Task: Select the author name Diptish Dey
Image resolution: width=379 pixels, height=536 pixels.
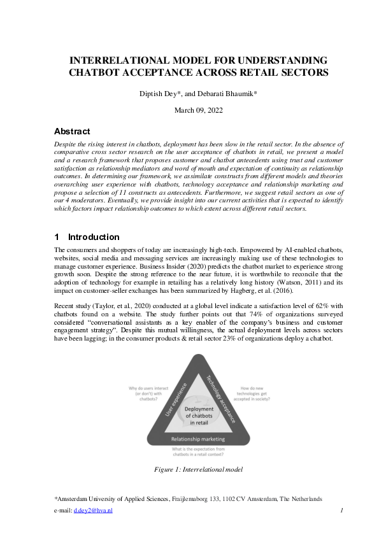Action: (x=159, y=94)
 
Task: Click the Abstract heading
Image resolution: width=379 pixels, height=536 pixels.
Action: (x=72, y=132)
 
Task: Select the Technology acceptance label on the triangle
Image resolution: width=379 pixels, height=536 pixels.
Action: (x=220, y=399)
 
